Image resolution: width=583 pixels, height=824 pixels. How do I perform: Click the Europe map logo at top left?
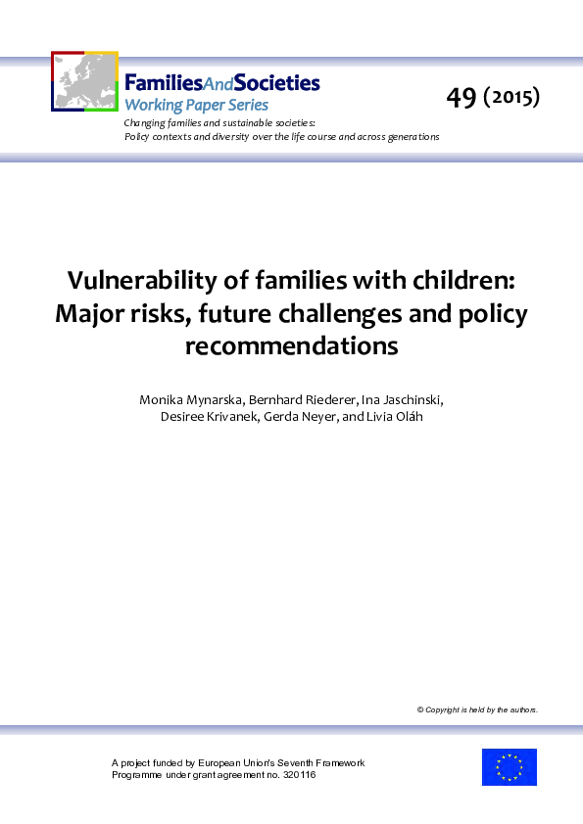(84, 81)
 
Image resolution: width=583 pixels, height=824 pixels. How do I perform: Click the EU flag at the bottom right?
(509, 767)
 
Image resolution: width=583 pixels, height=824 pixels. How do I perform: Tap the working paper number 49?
(461, 97)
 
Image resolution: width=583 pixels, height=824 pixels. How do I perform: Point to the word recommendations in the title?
(291, 345)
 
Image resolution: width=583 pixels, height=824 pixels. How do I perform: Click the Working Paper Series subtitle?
(196, 105)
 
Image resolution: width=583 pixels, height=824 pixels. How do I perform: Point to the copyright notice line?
(477, 710)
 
